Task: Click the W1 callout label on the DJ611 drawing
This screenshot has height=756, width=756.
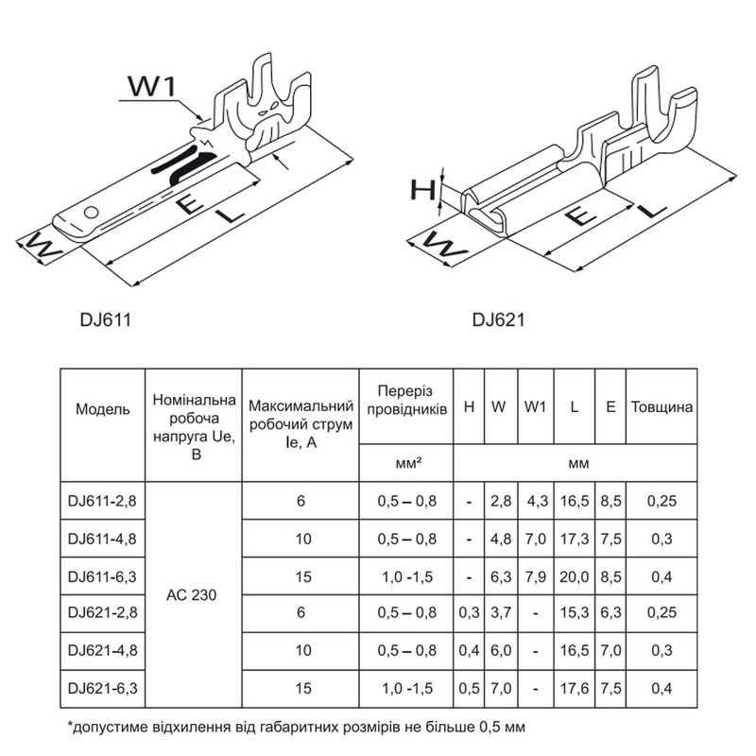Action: click(x=152, y=87)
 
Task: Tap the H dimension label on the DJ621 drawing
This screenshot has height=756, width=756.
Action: click(x=422, y=190)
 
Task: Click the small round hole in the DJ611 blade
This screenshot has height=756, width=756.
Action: click(x=91, y=212)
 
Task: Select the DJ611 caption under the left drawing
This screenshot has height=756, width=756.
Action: click(x=106, y=319)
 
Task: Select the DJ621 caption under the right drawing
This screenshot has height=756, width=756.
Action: click(x=499, y=319)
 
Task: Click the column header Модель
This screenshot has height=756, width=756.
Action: click(x=103, y=409)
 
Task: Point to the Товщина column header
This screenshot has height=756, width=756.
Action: click(x=661, y=407)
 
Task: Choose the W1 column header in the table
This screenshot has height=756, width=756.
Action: click(x=535, y=407)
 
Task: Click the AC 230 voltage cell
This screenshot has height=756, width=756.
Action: click(x=192, y=595)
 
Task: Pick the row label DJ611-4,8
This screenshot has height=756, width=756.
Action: click(x=102, y=539)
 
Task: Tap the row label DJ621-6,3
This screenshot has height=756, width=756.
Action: click(x=102, y=688)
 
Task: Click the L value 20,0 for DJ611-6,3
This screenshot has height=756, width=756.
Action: click(x=575, y=576)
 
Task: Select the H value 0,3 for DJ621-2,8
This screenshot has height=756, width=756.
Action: click(x=469, y=612)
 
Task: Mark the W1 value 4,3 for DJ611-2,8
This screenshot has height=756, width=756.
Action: click(x=538, y=501)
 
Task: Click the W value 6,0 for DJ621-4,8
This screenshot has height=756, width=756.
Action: click(x=501, y=650)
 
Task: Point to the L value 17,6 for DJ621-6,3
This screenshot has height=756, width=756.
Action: click(x=575, y=688)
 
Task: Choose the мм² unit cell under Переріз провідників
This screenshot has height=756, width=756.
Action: click(x=408, y=463)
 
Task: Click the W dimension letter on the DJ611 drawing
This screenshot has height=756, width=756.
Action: click(x=43, y=246)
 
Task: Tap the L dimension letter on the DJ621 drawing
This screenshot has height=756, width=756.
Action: click(x=652, y=209)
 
